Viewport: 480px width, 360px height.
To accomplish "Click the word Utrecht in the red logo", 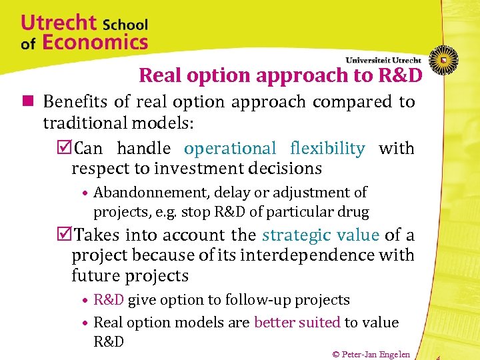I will click(59, 23).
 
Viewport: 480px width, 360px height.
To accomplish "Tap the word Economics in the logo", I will click(95, 43).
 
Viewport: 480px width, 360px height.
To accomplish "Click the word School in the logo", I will click(125, 25).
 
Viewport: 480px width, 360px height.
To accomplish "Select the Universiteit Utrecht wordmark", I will click(383, 60).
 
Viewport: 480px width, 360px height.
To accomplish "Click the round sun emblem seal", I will click(443, 60).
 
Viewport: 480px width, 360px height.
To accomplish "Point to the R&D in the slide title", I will click(397, 76).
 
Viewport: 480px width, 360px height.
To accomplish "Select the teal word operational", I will click(230, 148).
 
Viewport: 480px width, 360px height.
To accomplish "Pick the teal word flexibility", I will click(327, 148).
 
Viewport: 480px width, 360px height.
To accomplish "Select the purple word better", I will click(275, 323).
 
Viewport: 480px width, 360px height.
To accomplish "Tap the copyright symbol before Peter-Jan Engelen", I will click(336, 354).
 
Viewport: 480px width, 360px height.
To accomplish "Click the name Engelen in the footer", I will click(396, 354).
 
